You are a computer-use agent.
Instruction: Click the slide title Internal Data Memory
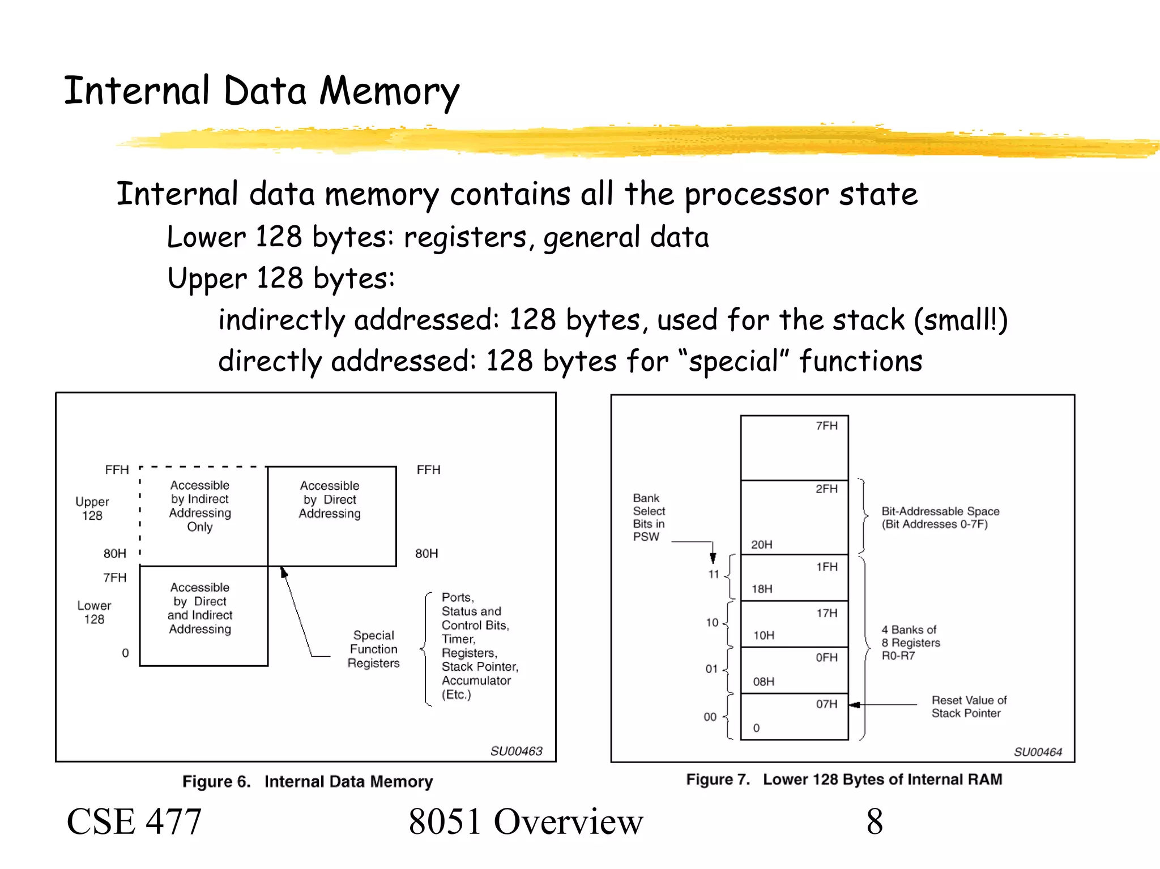(261, 92)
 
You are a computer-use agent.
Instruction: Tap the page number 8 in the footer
(874, 821)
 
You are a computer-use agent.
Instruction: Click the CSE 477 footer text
(134, 821)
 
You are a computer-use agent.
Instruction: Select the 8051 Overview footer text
(526, 821)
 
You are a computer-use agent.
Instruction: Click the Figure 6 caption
(307, 782)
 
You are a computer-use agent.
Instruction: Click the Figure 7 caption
(844, 780)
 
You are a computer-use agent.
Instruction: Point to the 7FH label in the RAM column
(826, 426)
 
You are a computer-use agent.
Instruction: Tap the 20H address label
(761, 545)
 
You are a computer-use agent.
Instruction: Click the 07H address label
(826, 704)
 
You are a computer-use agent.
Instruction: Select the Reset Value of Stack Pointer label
(969, 707)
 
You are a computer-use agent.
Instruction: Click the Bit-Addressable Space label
(940, 517)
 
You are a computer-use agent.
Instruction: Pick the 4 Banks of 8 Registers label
(910, 643)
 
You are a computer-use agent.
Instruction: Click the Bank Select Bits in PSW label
(649, 517)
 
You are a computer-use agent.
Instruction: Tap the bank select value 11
(713, 574)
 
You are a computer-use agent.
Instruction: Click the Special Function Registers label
(373, 649)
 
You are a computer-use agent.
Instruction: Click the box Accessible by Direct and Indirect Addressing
(200, 609)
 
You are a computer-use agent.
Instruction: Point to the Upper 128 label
(92, 508)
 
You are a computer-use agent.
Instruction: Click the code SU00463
(516, 751)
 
